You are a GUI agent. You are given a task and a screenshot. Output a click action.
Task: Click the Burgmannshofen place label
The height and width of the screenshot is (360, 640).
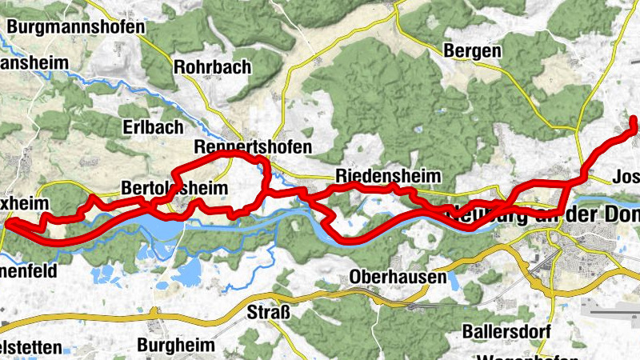coord(76,26)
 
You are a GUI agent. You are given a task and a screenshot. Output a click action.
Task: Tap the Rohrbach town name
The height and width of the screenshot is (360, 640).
coord(212,66)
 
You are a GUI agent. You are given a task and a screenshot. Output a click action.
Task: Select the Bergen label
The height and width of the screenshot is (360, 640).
coord(473,51)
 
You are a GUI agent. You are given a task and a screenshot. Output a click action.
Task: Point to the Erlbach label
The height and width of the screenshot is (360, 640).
coord(153,127)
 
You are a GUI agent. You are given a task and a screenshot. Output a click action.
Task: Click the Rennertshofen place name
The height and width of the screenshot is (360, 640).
coord(253,147)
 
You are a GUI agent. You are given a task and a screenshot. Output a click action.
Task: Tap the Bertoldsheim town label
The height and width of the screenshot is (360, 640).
coord(174,187)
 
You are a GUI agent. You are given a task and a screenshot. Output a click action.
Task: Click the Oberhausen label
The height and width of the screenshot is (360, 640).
coord(398,277)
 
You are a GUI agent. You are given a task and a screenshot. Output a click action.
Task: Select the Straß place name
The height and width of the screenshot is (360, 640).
coord(267,311)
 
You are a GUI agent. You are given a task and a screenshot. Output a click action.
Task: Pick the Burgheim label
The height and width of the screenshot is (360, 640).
coord(177,346)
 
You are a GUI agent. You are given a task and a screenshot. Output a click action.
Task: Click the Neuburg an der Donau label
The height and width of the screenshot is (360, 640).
coord(544,214)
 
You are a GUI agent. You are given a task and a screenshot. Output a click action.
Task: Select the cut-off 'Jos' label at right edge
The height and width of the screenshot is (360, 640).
coord(625,177)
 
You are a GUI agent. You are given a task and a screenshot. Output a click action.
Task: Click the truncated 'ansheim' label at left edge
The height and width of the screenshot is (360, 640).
coord(29,62)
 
